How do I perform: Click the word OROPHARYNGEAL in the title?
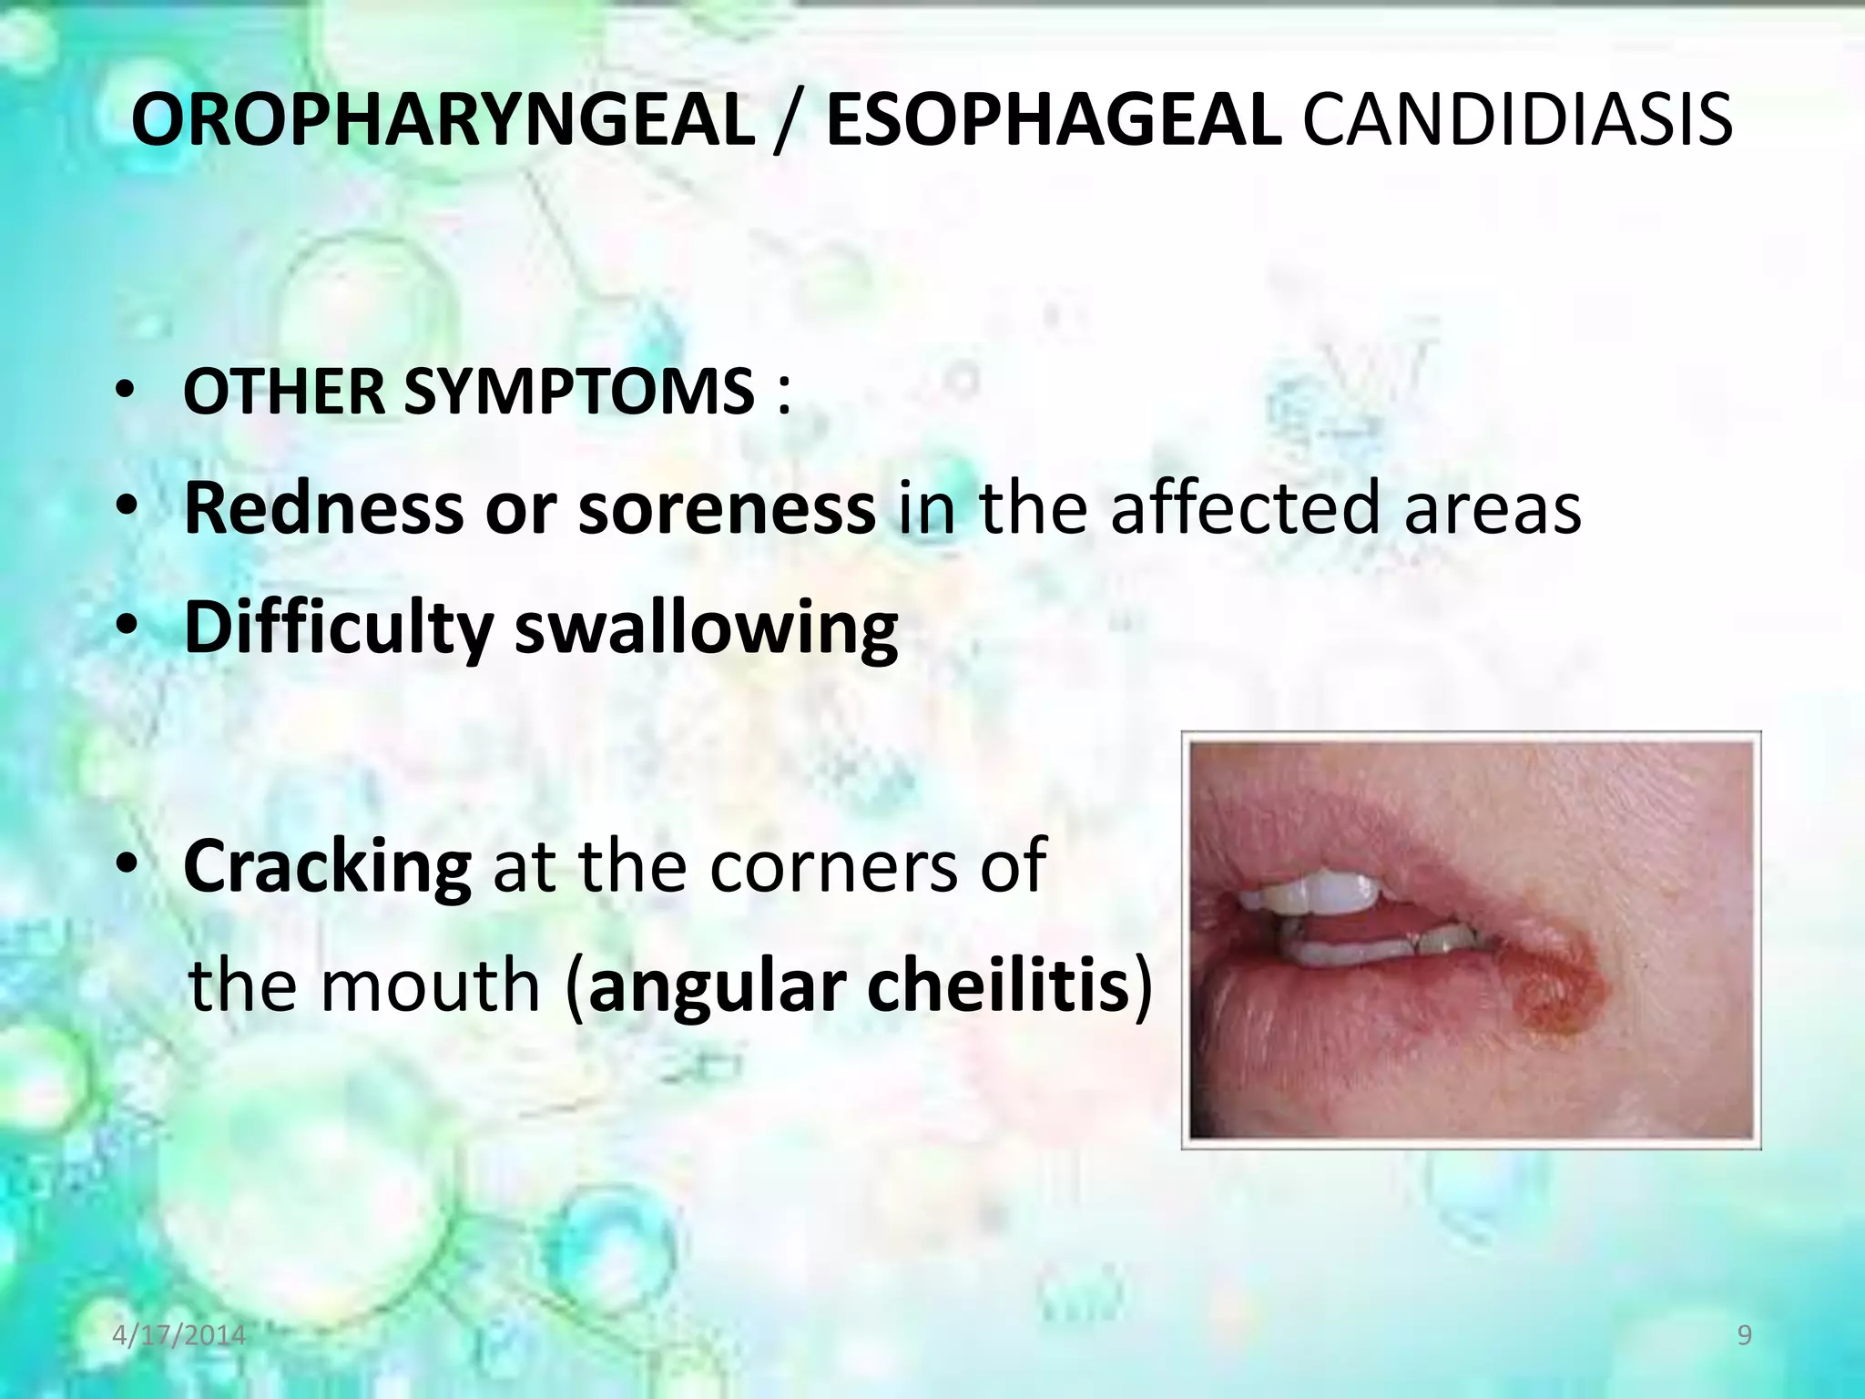click(443, 121)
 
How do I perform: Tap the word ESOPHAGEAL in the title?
click(1054, 121)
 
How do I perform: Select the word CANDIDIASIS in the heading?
click(1517, 121)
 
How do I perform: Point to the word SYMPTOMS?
click(579, 392)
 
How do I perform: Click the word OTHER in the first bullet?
click(282, 392)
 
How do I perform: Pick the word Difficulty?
click(339, 628)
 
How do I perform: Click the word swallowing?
click(707, 628)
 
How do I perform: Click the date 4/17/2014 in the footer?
click(179, 1335)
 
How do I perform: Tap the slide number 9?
click(1744, 1335)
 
